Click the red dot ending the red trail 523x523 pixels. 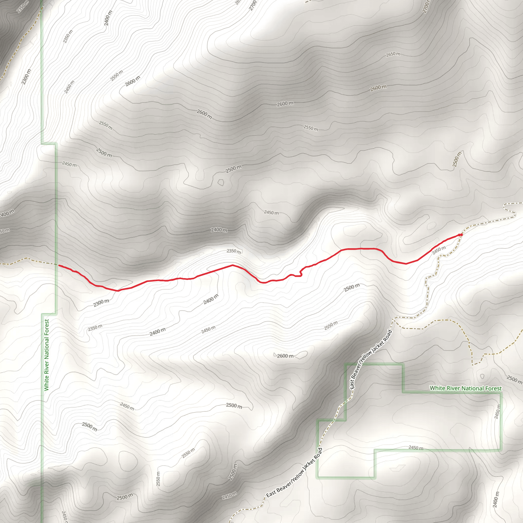461,235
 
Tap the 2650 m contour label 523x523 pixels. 393,54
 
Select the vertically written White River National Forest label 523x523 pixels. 46,355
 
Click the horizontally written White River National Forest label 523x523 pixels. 466,388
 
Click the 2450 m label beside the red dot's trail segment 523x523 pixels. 439,251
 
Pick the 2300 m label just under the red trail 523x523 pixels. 101,303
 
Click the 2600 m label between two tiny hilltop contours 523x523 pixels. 285,356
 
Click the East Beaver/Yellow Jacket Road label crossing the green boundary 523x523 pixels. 371,360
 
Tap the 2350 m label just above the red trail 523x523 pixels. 234,251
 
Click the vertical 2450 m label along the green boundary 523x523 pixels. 497,411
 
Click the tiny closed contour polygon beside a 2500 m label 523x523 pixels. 221,182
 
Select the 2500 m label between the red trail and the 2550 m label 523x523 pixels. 352,288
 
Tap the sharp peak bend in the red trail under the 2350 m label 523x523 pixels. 232,265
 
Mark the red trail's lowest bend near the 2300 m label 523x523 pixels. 118,291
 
